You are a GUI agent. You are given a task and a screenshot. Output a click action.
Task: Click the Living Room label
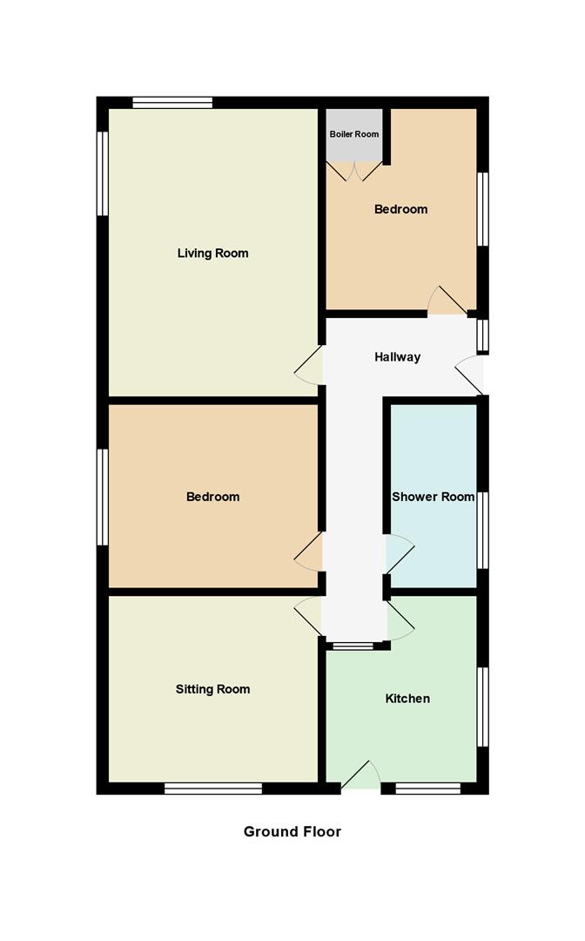tap(212, 254)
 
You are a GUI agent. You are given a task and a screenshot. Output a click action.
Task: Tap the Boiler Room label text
tap(354, 135)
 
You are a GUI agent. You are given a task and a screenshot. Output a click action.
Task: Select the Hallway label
tap(397, 357)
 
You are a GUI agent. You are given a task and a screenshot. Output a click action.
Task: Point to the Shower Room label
tap(433, 498)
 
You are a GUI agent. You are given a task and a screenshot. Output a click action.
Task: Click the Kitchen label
tap(407, 699)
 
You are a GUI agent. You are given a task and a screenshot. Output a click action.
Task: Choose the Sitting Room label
tap(212, 689)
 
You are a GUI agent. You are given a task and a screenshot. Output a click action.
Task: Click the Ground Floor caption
tap(292, 831)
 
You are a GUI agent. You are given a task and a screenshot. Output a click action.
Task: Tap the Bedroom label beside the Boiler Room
tap(400, 209)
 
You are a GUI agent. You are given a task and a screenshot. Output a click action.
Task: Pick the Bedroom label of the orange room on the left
tap(212, 498)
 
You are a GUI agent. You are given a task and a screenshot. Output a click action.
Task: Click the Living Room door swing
tap(308, 369)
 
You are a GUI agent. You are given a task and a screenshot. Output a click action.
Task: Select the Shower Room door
tap(399, 552)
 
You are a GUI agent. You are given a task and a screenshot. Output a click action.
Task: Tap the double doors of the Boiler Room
tap(354, 170)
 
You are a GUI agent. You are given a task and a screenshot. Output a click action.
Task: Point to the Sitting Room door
tap(308, 615)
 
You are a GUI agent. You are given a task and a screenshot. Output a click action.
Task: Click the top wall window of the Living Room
tap(172, 103)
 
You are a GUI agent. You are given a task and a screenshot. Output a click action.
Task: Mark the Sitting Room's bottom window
tap(213, 789)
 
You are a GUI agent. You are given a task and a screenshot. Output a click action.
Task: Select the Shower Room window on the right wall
tap(483, 529)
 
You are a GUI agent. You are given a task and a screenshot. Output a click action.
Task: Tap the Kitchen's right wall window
tap(483, 707)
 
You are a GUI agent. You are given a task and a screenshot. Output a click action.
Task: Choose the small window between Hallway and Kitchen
tap(352, 646)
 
